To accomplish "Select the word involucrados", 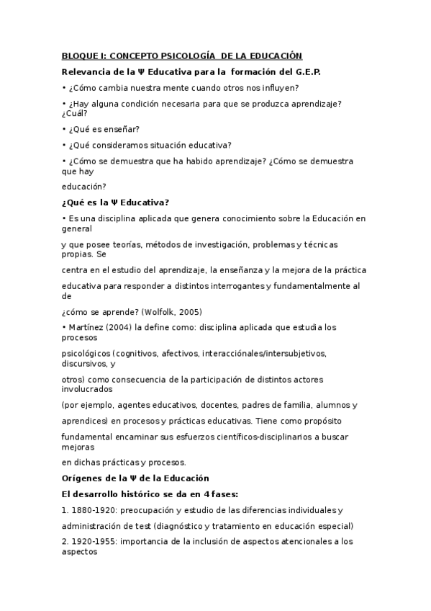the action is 87,388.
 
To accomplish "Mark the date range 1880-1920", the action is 92,510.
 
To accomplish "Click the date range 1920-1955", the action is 92,540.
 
